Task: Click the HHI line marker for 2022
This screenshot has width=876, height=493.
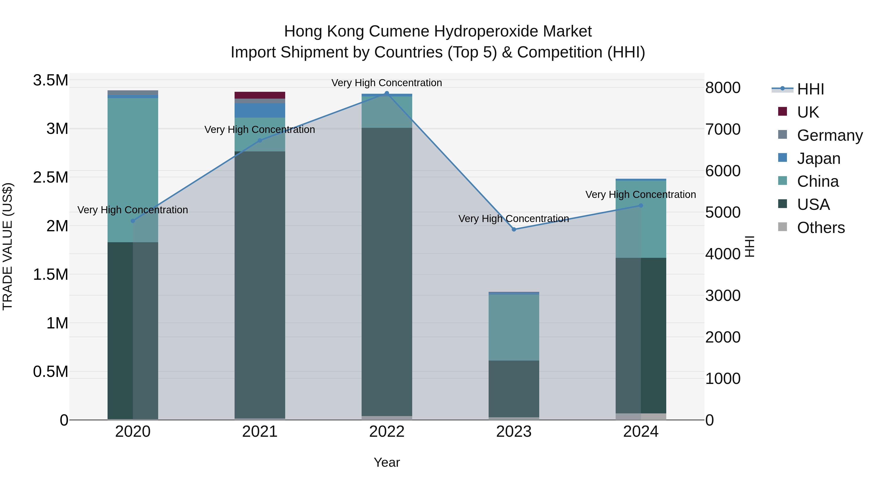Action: pos(387,93)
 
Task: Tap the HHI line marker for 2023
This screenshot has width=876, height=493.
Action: pos(514,229)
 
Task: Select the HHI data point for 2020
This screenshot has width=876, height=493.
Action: pos(133,221)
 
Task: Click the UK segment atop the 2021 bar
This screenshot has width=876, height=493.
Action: pos(260,95)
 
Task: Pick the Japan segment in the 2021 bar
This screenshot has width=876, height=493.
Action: pos(260,110)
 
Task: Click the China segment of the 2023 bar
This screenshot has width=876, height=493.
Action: pos(514,327)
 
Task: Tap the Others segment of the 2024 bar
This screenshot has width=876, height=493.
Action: pos(641,417)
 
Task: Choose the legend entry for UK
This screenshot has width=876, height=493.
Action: pos(808,112)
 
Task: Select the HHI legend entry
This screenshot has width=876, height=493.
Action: pos(810,89)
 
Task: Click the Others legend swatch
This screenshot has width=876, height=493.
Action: pos(783,227)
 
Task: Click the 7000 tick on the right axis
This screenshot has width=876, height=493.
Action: pos(723,129)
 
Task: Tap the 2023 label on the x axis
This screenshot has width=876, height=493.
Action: pos(514,432)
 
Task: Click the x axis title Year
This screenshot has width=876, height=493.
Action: pos(387,462)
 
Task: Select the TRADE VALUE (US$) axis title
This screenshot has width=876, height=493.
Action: pos(8,246)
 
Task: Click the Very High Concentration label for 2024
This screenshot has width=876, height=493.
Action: pos(640,195)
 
